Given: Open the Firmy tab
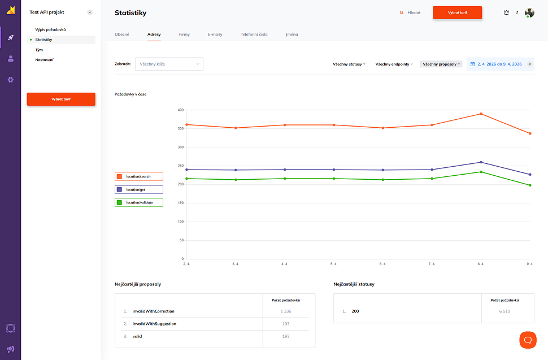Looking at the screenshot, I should click(184, 34).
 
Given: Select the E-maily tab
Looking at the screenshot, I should click(215, 34).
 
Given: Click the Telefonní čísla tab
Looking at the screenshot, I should click(254, 34).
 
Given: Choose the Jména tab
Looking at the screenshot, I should click(292, 34).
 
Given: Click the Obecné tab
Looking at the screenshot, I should click(122, 34).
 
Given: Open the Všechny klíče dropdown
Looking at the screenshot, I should click(169, 64).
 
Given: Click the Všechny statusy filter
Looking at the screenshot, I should click(349, 64).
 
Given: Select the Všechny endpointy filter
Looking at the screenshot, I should click(394, 64).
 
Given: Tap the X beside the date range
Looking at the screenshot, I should click(529, 64).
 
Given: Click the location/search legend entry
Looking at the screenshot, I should click(139, 176).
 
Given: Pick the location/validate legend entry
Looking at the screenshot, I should click(139, 202).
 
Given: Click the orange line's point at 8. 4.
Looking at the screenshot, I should click(481, 114).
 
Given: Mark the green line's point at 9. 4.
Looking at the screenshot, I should click(530, 185).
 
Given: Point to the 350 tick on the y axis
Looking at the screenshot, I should click(180, 129).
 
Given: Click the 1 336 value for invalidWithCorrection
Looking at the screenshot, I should click(285, 311).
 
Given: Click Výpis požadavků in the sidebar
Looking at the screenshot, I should click(51, 29).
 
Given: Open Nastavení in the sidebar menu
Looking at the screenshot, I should click(45, 60).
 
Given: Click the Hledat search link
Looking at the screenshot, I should click(410, 12).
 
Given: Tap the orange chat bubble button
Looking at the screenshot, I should click(528, 340).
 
